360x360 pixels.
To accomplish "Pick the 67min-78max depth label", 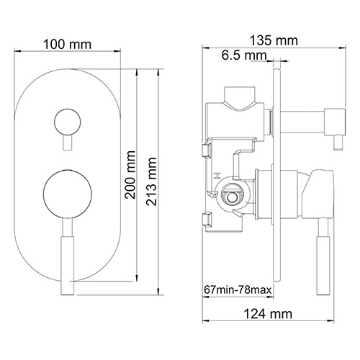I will (237, 290).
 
